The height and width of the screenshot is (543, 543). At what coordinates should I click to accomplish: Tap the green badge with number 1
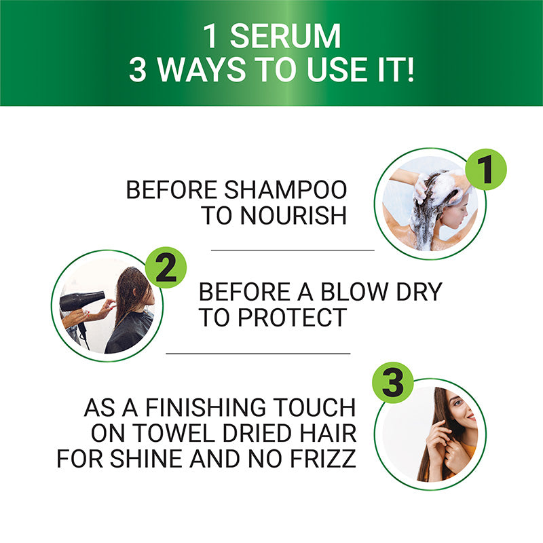point(486,170)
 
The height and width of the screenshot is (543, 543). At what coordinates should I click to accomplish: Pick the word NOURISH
point(292,216)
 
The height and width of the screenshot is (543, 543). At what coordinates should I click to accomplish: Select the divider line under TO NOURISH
point(292,250)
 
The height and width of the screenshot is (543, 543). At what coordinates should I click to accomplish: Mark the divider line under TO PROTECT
point(258,353)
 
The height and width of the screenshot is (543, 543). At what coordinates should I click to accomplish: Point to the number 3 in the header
point(137,71)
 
